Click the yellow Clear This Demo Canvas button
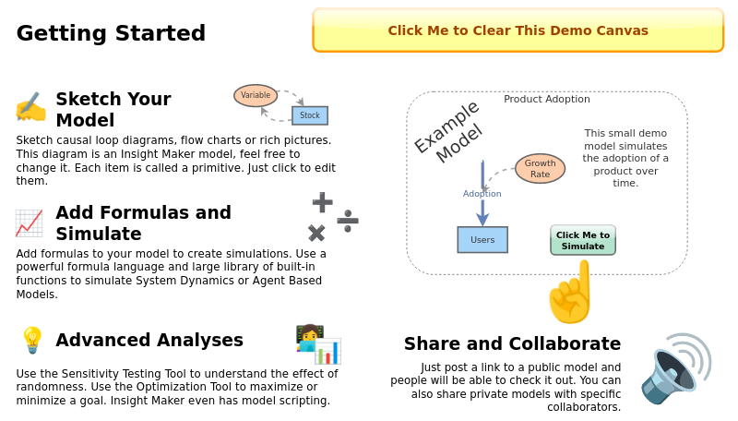click(x=518, y=30)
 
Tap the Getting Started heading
click(x=111, y=34)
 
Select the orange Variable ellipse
click(x=256, y=95)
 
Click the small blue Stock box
click(x=310, y=115)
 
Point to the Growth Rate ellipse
click(x=540, y=168)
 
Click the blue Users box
click(x=482, y=240)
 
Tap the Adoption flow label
click(x=482, y=194)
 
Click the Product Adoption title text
click(x=547, y=100)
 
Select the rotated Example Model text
click(x=448, y=133)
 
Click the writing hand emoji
click(x=30, y=107)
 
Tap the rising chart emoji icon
click(x=29, y=223)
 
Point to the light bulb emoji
click(x=31, y=340)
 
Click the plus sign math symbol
click(x=322, y=201)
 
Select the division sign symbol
click(x=348, y=220)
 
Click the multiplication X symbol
click(x=316, y=233)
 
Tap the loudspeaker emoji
click(x=675, y=368)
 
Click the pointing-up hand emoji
click(x=571, y=292)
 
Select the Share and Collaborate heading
click(x=512, y=344)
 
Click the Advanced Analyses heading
click(x=149, y=341)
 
